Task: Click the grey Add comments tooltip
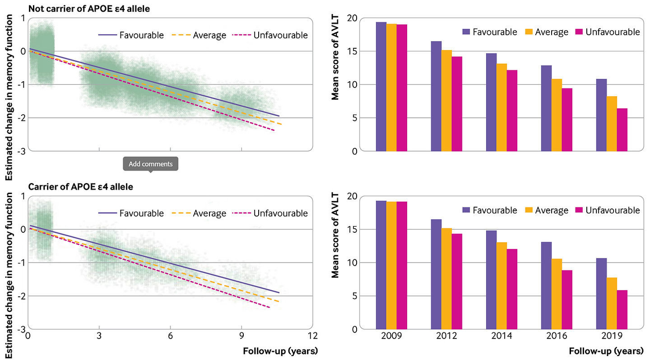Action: click(151, 164)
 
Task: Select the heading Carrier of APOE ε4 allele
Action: click(81, 186)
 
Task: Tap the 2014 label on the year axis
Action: click(501, 336)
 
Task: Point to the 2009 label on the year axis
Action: click(391, 336)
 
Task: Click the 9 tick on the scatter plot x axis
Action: click(241, 336)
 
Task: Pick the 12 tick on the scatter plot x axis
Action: click(312, 336)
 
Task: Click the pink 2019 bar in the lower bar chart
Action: click(622, 309)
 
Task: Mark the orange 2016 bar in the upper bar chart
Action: click(557, 115)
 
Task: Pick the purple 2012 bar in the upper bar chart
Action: click(436, 96)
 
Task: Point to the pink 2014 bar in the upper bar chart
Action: click(512, 111)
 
